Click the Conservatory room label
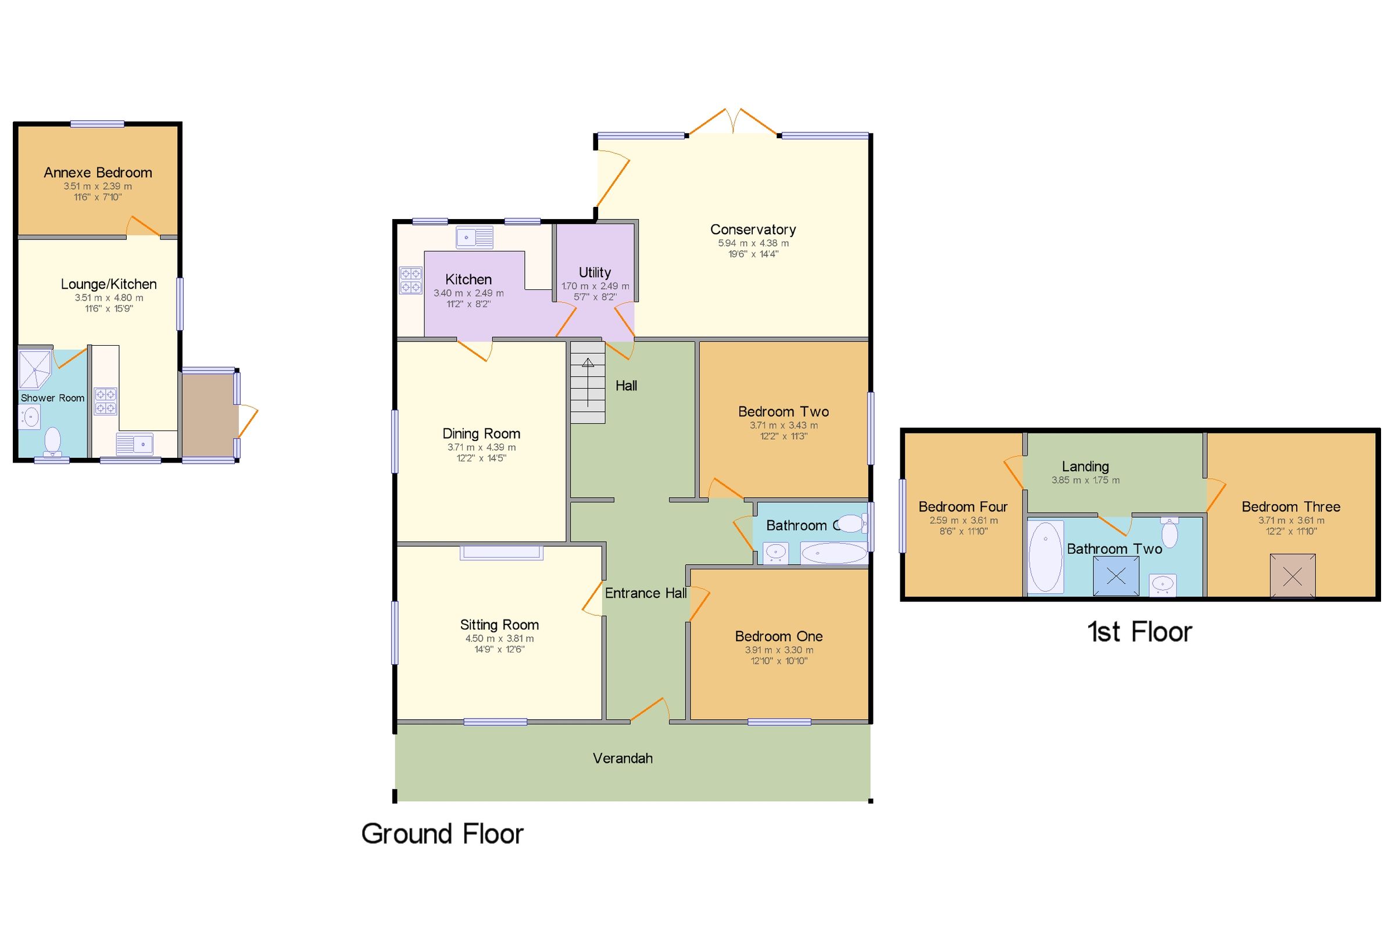pyautogui.click(x=752, y=229)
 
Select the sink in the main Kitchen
pyautogui.click(x=474, y=238)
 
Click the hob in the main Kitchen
pyautogui.click(x=410, y=281)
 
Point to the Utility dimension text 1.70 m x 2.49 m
pyautogui.click(x=595, y=286)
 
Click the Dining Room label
pyautogui.click(x=481, y=433)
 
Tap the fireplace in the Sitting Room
pyautogui.click(x=501, y=552)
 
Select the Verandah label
pyautogui.click(x=623, y=758)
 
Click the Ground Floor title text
pyautogui.click(x=442, y=834)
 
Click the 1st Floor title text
pyautogui.click(x=1139, y=632)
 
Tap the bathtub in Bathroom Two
pyautogui.click(x=1045, y=557)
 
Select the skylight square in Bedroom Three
pyautogui.click(x=1292, y=575)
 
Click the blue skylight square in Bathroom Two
pyautogui.click(x=1115, y=576)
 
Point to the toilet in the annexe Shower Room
pyautogui.click(x=53, y=442)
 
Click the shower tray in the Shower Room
pyautogui.click(x=35, y=368)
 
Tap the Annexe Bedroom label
pyautogui.click(x=98, y=173)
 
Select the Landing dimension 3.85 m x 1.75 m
pyautogui.click(x=1085, y=480)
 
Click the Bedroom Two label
pyautogui.click(x=783, y=411)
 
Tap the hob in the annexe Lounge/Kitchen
pyautogui.click(x=105, y=401)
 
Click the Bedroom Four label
pyautogui.click(x=963, y=507)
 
